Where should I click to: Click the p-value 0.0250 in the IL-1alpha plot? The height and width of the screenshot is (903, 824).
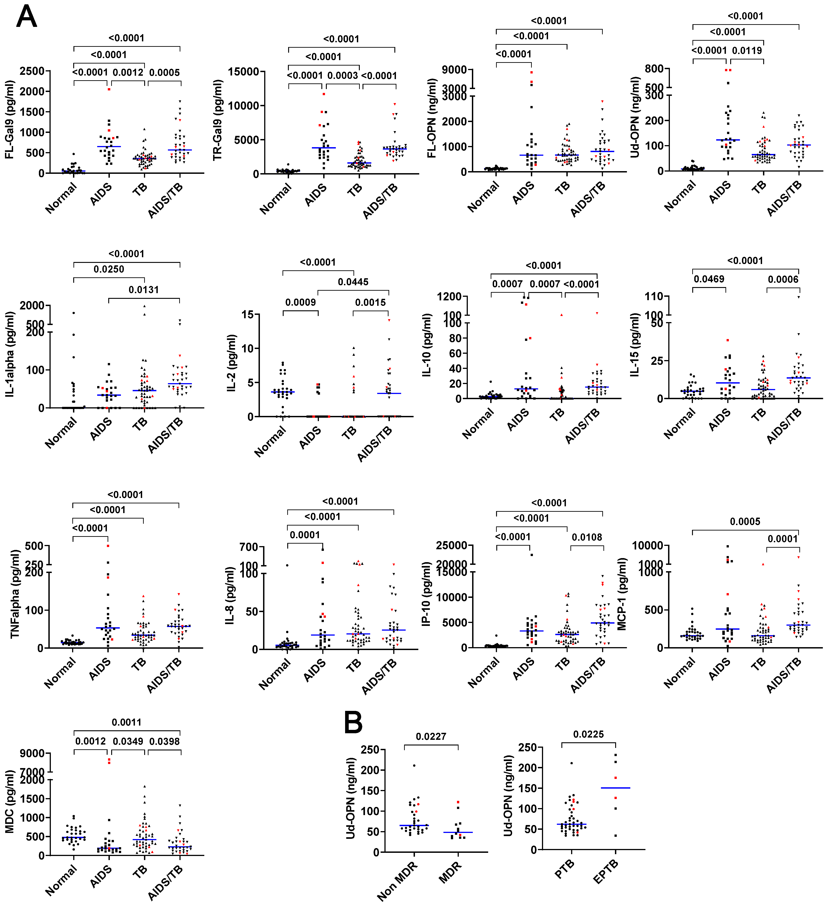(x=109, y=269)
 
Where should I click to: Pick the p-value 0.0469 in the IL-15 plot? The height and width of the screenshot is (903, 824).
(x=709, y=279)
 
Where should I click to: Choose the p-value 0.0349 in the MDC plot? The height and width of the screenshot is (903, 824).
(x=128, y=741)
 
